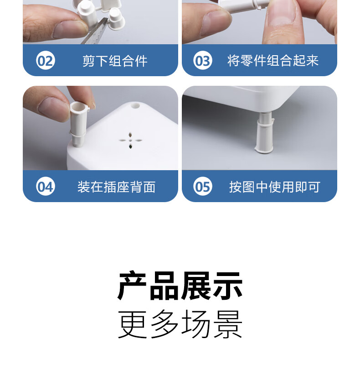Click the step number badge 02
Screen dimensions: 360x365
tap(46, 60)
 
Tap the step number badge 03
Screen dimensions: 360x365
tap(203, 60)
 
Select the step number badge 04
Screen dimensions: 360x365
tap(46, 186)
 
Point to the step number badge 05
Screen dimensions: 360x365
tap(203, 186)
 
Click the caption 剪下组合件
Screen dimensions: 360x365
tap(115, 61)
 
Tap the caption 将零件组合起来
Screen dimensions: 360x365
tap(273, 61)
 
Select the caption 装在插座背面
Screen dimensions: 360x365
tap(116, 187)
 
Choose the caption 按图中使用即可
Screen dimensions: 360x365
tap(275, 187)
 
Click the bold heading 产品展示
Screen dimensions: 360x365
tap(180, 286)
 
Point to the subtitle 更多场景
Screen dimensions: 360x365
tap(180, 324)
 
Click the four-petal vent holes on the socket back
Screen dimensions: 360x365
tap(130, 141)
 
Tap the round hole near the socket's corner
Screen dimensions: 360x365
tap(135, 106)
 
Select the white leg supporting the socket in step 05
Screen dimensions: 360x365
tap(264, 133)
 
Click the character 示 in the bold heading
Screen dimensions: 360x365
tap(228, 286)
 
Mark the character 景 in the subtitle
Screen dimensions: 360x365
tap(228, 324)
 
